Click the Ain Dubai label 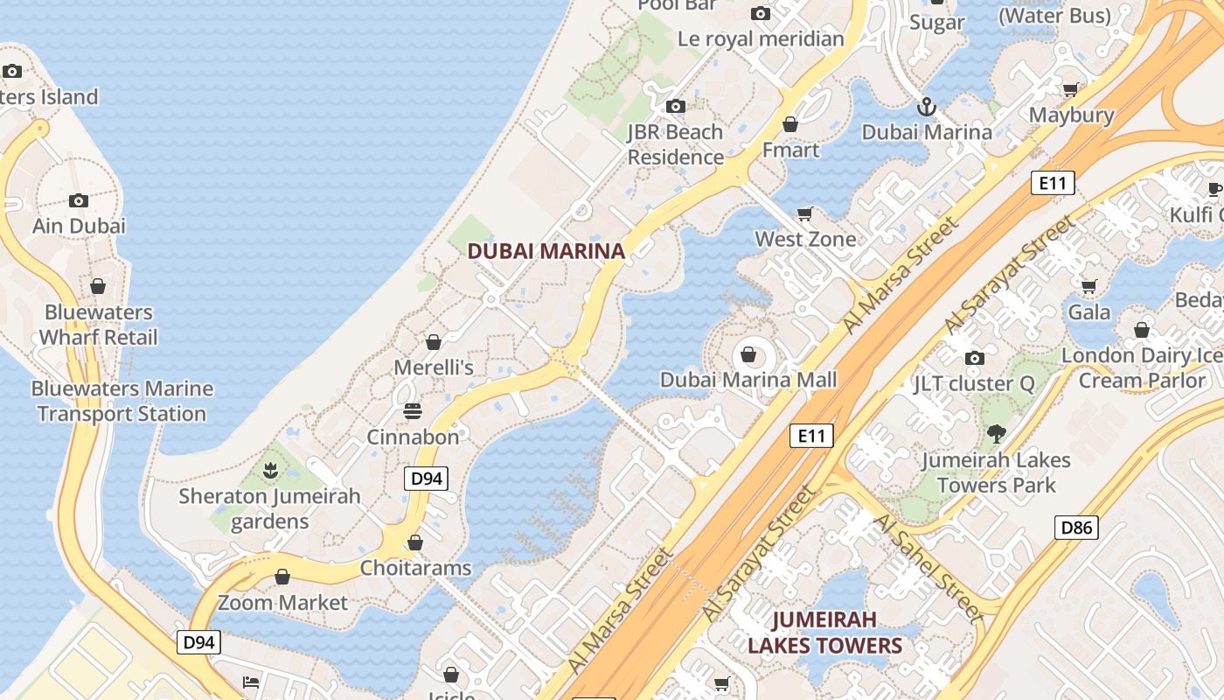pyautogui.click(x=79, y=226)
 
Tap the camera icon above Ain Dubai pyautogui.click(x=79, y=200)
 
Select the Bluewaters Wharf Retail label pyautogui.click(x=98, y=325)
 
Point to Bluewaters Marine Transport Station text pyautogui.click(x=122, y=401)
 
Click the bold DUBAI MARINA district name pyautogui.click(x=546, y=251)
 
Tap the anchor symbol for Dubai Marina pyautogui.click(x=926, y=108)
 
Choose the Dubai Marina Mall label pyautogui.click(x=748, y=380)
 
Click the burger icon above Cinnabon pyautogui.click(x=413, y=410)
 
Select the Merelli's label pyautogui.click(x=434, y=367)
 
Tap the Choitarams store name pyautogui.click(x=415, y=568)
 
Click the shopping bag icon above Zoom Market pyautogui.click(x=282, y=577)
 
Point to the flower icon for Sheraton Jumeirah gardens pyautogui.click(x=270, y=472)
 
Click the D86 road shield pyautogui.click(x=1075, y=528)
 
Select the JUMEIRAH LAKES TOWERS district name pyautogui.click(x=824, y=633)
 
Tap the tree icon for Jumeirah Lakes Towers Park pyautogui.click(x=995, y=433)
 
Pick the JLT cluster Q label pyautogui.click(x=973, y=383)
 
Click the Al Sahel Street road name pyautogui.click(x=928, y=567)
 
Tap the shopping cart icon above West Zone pyautogui.click(x=805, y=213)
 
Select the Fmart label pyautogui.click(x=790, y=150)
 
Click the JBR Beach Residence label pyautogui.click(x=675, y=144)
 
